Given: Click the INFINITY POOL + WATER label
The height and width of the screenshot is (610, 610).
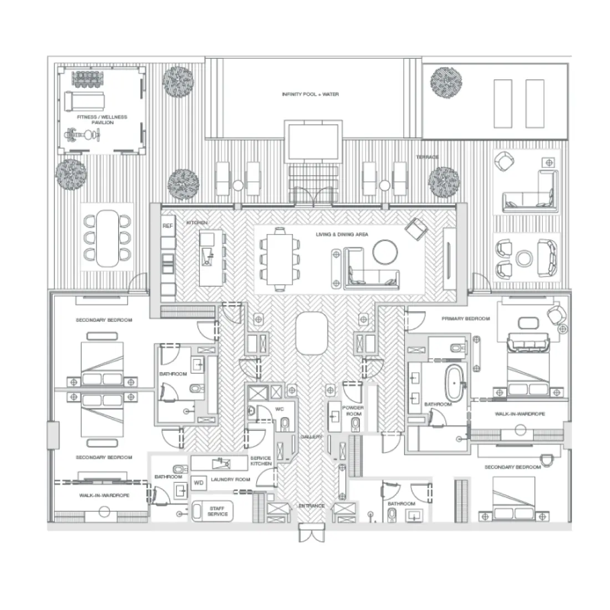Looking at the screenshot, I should (x=310, y=95).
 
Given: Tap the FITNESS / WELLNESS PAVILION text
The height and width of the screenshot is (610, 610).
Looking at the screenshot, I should (x=102, y=120).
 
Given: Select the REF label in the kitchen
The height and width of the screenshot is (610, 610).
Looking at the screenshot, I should (x=167, y=226).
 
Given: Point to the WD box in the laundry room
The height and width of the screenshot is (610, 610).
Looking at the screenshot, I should (x=199, y=483).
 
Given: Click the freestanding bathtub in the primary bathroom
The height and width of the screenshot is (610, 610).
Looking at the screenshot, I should (x=457, y=382).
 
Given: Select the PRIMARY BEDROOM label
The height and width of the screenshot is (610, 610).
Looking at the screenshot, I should (x=465, y=319).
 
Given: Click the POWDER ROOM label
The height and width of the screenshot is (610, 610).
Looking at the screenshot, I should (x=353, y=411).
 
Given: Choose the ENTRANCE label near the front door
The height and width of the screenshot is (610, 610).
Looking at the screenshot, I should (x=312, y=506).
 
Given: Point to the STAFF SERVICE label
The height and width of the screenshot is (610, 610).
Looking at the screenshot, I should (x=217, y=511).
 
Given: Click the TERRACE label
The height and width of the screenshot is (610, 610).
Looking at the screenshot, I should (x=427, y=157).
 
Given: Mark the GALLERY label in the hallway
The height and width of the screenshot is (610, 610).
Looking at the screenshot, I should (x=311, y=437).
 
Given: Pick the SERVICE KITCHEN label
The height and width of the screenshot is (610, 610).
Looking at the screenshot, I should (x=261, y=461).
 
